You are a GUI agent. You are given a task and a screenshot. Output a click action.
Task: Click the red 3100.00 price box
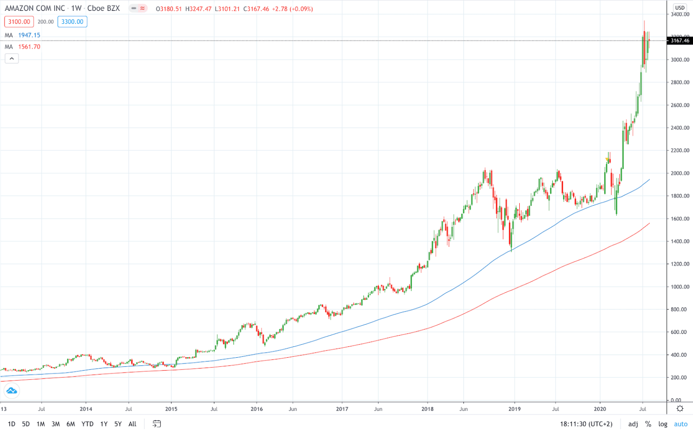tap(19, 22)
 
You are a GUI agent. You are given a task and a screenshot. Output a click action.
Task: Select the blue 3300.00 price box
tap(72, 22)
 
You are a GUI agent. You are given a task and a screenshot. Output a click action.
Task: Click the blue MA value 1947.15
tap(29, 35)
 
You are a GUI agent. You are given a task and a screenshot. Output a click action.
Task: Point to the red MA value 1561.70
tap(29, 47)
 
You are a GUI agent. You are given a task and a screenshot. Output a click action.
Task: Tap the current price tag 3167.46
tap(679, 41)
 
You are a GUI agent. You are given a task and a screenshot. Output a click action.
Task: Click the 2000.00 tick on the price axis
tap(680, 173)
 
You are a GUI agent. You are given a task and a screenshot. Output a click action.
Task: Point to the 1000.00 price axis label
tap(680, 287)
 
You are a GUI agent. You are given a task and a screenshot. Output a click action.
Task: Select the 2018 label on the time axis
tap(427, 409)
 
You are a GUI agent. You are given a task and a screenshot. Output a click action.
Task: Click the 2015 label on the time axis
tap(171, 409)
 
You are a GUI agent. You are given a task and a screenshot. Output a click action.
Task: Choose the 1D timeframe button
tap(12, 424)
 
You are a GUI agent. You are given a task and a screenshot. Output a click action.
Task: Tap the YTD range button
tap(88, 424)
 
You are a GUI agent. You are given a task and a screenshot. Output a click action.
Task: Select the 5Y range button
tap(118, 424)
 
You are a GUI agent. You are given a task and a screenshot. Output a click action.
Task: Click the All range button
tap(132, 424)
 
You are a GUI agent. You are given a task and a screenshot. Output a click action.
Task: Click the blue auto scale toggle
tap(680, 424)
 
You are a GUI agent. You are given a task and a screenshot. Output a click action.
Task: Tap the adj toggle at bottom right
tap(633, 424)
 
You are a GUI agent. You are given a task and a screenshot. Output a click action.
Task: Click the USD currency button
tap(679, 8)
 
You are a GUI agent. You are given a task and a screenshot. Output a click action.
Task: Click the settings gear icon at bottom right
tap(680, 409)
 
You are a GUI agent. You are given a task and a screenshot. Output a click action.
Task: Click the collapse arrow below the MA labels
tap(12, 59)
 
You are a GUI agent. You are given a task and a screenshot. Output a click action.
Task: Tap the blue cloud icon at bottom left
tap(12, 391)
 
